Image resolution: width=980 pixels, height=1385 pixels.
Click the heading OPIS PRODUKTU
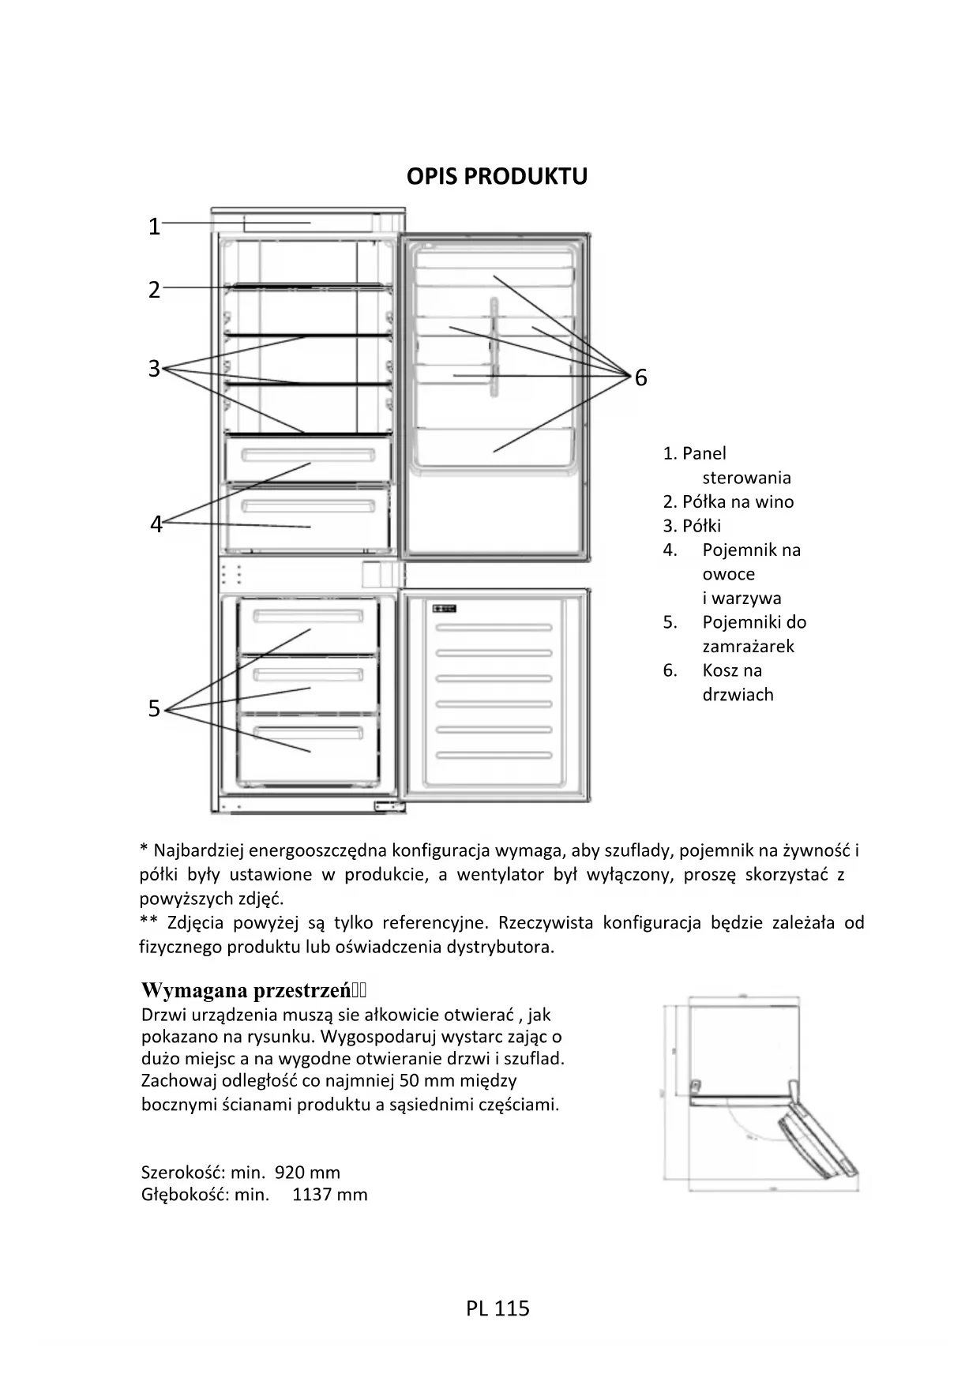point(497,176)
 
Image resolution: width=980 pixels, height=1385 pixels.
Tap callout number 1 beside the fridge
point(155,227)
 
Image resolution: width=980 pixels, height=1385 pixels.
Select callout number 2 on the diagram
point(155,290)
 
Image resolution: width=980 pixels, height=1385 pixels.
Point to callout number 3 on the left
point(155,369)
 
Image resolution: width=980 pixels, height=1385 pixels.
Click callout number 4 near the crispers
point(156,524)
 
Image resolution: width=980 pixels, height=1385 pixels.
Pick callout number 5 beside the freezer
point(155,709)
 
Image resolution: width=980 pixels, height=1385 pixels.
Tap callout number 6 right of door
point(640,378)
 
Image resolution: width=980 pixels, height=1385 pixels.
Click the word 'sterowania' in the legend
point(746,478)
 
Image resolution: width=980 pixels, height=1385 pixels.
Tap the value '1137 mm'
point(329,1195)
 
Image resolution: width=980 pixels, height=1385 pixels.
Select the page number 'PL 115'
point(498,1309)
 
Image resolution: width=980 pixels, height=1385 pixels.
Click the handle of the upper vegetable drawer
point(308,456)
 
